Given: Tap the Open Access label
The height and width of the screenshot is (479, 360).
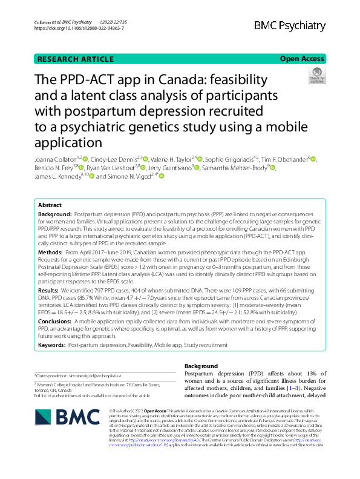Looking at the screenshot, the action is click(301, 59).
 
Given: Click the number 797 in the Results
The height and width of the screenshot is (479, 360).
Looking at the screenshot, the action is click(100, 291).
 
